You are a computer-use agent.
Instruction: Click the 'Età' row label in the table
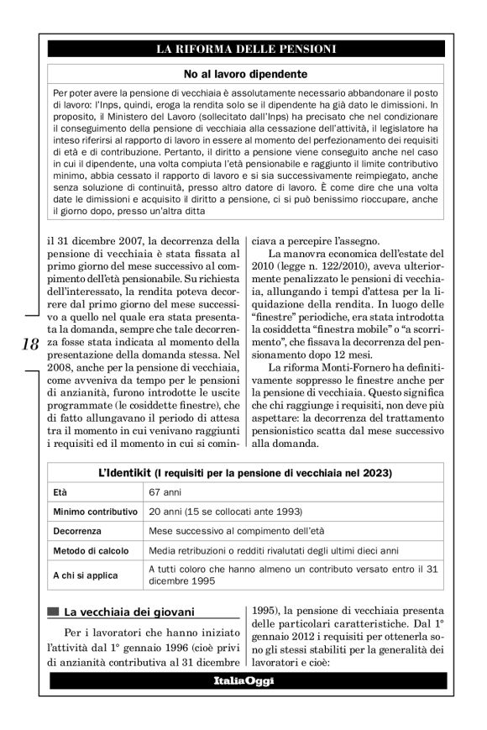pyautogui.click(x=60, y=491)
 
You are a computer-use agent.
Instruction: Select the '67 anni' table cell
pyautogui.click(x=165, y=491)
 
